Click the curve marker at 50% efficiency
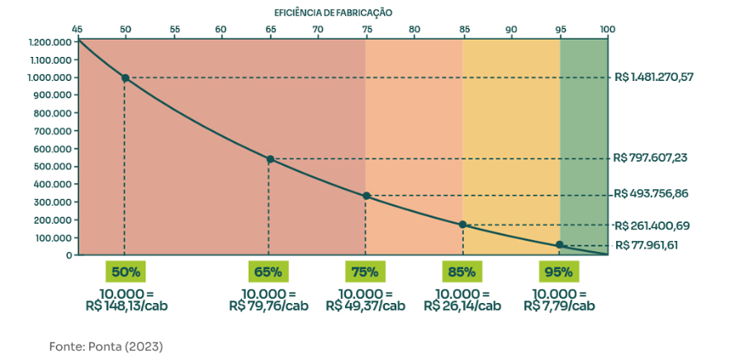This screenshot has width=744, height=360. click(125, 78)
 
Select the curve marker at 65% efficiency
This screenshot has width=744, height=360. click(269, 159)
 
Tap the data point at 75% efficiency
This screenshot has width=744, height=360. click(366, 196)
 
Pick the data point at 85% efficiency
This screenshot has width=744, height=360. click(463, 225)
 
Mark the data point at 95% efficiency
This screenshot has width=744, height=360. click(560, 244)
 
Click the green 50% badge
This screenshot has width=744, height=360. click(125, 272)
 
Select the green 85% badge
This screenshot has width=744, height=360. click(462, 272)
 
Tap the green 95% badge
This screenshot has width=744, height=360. click(560, 272)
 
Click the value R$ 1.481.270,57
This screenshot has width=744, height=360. click(654, 78)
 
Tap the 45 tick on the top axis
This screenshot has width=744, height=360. click(78, 29)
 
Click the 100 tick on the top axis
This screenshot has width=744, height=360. click(607, 29)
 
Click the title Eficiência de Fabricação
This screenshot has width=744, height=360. click(334, 12)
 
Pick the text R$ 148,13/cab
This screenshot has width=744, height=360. click(127, 306)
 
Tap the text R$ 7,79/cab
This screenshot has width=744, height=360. click(559, 306)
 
